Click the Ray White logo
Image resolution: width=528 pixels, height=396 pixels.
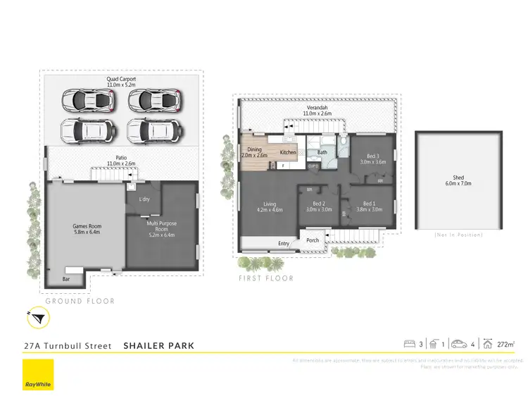click(38, 373)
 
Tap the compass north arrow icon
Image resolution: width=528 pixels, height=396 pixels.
click(37, 319)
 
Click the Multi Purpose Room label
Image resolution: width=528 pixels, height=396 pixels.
click(161, 230)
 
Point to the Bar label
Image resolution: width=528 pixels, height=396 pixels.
click(66, 279)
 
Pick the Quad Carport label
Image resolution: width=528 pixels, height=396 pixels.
click(121, 82)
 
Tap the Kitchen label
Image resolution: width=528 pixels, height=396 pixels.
click(288, 152)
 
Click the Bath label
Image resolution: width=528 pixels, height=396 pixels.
click(322, 152)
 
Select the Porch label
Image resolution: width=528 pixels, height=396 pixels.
click(313, 240)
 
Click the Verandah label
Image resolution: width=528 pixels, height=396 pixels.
click(317, 110)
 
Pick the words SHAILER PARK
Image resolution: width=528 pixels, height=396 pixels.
click(158, 346)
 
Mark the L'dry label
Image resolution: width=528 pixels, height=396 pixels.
click(144, 199)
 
